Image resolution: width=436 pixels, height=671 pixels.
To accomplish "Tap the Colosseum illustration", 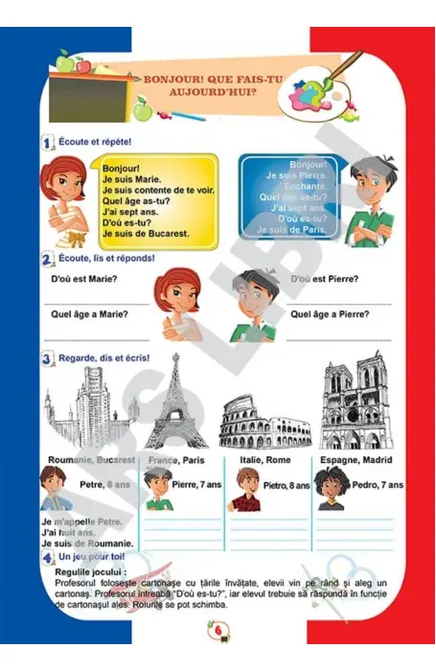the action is [256, 422].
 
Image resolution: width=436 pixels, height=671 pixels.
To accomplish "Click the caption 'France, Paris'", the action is [177, 461].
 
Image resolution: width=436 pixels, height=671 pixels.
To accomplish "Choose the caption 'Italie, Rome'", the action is [264, 461].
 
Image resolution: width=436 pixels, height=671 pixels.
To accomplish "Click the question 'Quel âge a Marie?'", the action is [89, 313].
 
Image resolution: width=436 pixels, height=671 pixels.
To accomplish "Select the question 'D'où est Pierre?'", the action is [324, 279].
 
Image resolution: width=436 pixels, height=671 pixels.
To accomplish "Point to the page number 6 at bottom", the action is [218, 629].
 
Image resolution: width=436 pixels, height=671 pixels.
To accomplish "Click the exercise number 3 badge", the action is [47, 360].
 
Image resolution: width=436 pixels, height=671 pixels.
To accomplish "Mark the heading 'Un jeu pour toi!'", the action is [95, 556].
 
